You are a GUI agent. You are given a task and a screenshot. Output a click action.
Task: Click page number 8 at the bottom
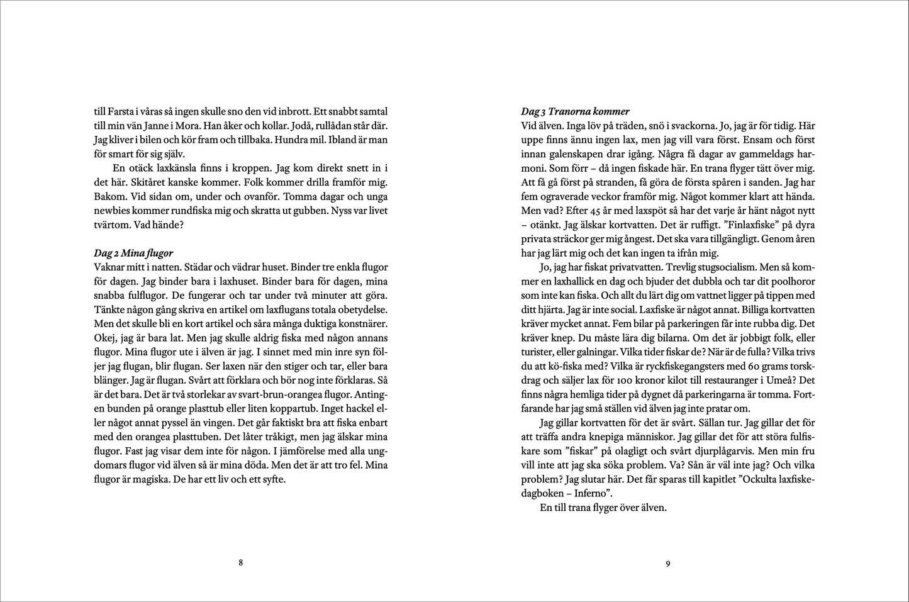241,563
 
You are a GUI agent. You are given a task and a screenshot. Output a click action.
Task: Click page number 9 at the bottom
668,564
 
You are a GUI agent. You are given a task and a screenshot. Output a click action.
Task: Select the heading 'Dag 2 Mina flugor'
133,253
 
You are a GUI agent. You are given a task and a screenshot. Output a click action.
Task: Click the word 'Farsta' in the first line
120,111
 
